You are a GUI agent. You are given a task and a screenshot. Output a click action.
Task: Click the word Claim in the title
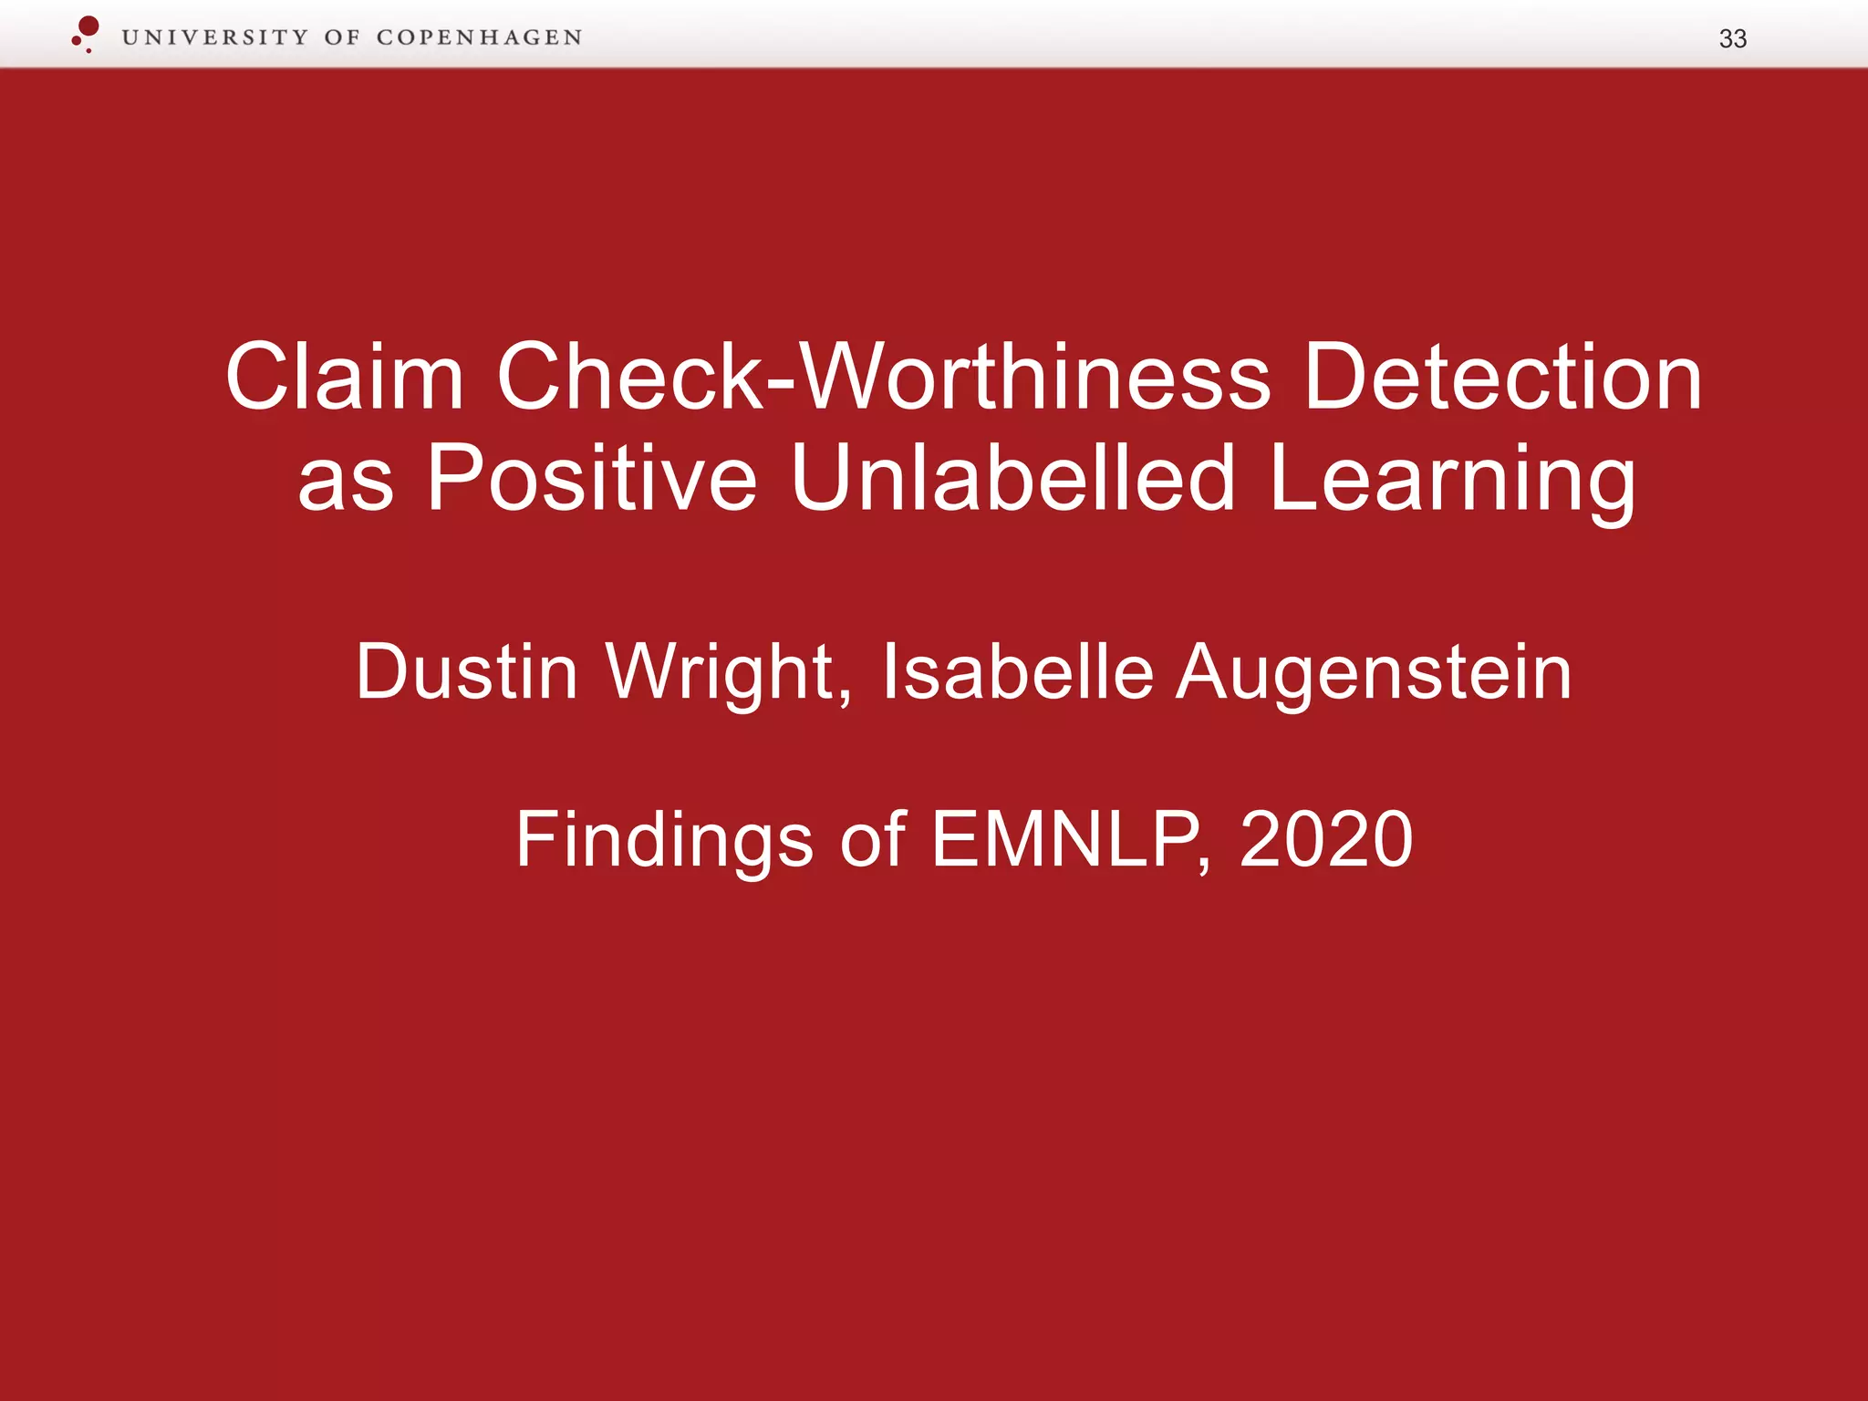(345, 377)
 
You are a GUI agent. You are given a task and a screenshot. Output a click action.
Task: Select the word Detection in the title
(1501, 377)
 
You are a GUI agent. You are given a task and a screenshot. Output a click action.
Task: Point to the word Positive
(592, 477)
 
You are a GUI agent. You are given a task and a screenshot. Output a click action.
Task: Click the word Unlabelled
(1012, 477)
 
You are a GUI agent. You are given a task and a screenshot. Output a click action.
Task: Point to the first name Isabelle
(1017, 672)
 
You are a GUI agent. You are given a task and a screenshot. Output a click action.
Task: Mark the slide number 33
(1732, 38)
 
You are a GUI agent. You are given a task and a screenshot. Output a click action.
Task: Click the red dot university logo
(87, 32)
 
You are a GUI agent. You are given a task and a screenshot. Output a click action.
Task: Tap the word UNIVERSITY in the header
(215, 37)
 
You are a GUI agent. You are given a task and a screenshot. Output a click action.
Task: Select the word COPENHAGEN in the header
(479, 37)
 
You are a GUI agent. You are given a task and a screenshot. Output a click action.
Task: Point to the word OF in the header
(342, 37)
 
